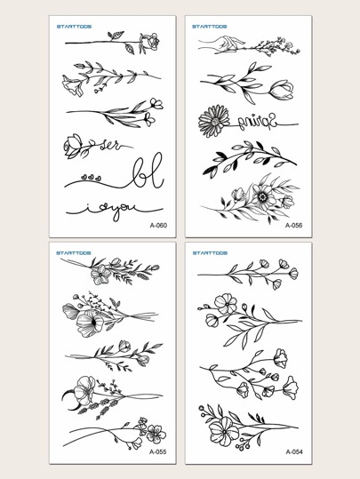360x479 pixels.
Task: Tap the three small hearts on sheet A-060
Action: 83,175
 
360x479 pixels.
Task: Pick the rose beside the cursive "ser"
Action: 72,142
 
